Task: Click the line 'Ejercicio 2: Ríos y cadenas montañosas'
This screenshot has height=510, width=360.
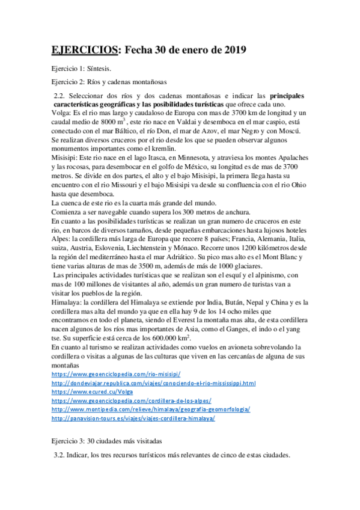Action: [109, 82]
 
